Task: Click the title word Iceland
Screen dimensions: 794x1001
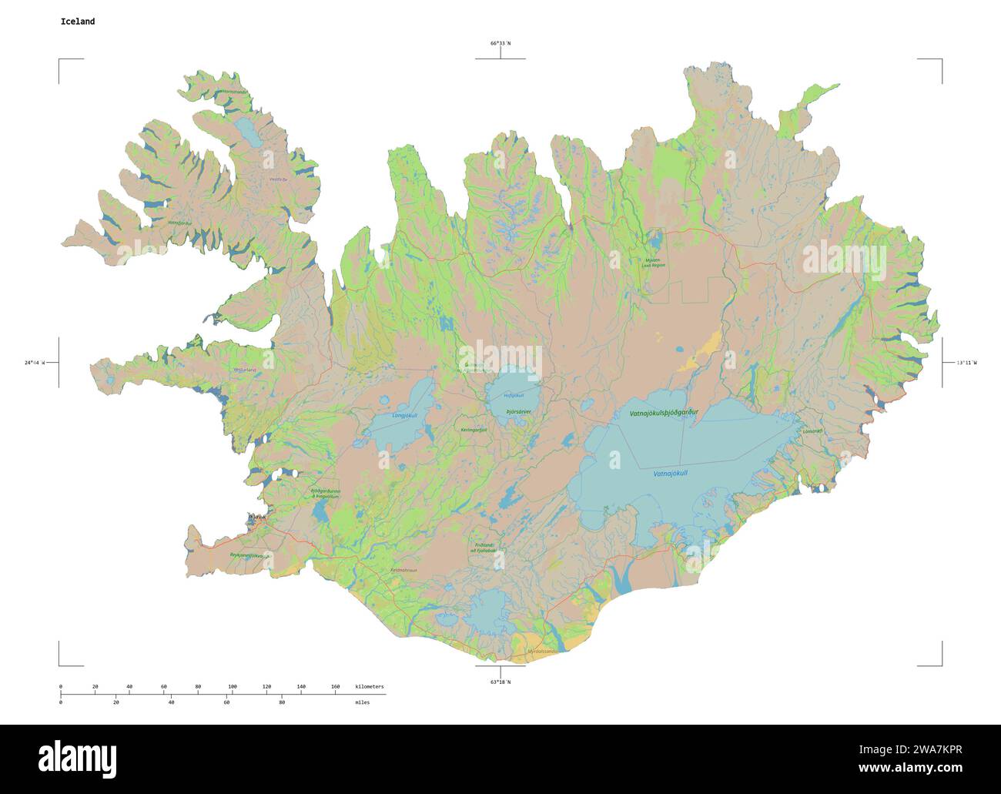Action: tap(78, 22)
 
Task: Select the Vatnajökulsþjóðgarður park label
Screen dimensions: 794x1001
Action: tap(664, 414)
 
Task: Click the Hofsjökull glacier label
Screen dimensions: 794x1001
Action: tap(513, 396)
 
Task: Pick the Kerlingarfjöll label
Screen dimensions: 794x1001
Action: tap(474, 430)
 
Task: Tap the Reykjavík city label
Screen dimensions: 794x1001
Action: tap(256, 517)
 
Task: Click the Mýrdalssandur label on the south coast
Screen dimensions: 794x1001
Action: tap(542, 651)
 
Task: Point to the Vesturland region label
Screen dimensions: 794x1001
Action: tap(245, 370)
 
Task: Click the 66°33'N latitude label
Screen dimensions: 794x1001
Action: tap(500, 43)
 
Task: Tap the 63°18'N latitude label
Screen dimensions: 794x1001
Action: tap(500, 682)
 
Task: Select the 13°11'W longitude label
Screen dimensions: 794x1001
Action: tap(966, 362)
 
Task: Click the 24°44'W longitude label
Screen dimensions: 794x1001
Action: tap(35, 362)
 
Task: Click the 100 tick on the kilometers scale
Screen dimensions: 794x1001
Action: tap(233, 686)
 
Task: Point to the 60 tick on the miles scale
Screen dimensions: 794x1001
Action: tap(226, 702)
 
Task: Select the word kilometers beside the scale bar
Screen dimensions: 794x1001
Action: tap(370, 686)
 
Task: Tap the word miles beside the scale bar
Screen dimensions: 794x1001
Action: tap(362, 702)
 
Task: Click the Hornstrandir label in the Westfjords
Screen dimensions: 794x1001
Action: tap(234, 92)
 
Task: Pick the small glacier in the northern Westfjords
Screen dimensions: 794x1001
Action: tap(249, 132)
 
